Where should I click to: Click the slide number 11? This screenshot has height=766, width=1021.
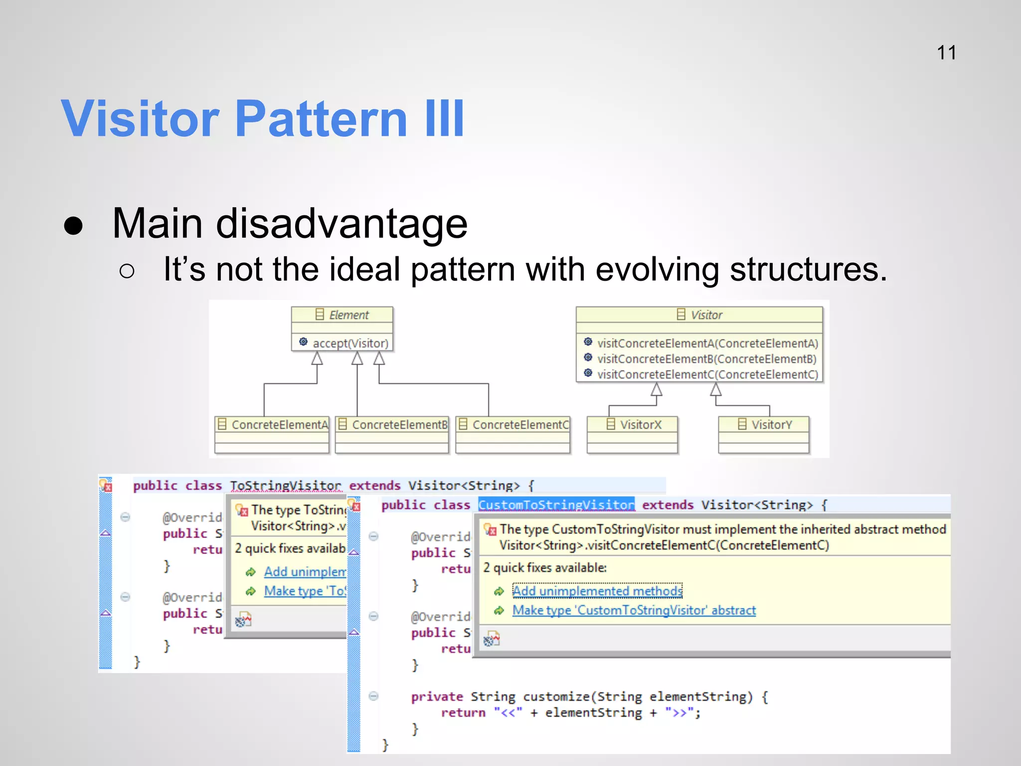(946, 53)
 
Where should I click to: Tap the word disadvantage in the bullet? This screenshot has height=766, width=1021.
(341, 224)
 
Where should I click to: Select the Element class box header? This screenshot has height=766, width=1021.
(342, 315)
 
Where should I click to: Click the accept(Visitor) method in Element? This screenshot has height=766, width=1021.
(350, 344)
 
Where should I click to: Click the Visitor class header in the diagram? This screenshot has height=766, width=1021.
(699, 315)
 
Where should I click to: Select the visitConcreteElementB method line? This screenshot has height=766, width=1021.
(706, 359)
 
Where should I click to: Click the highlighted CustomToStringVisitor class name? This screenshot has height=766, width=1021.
(556, 505)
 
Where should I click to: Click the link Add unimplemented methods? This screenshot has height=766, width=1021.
(597, 591)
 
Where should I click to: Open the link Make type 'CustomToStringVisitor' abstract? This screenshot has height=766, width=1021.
(634, 610)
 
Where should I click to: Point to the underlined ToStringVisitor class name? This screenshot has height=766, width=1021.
(286, 486)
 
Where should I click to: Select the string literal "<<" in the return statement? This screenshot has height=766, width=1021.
(508, 713)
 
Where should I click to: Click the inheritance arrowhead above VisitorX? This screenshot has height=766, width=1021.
(657, 389)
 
